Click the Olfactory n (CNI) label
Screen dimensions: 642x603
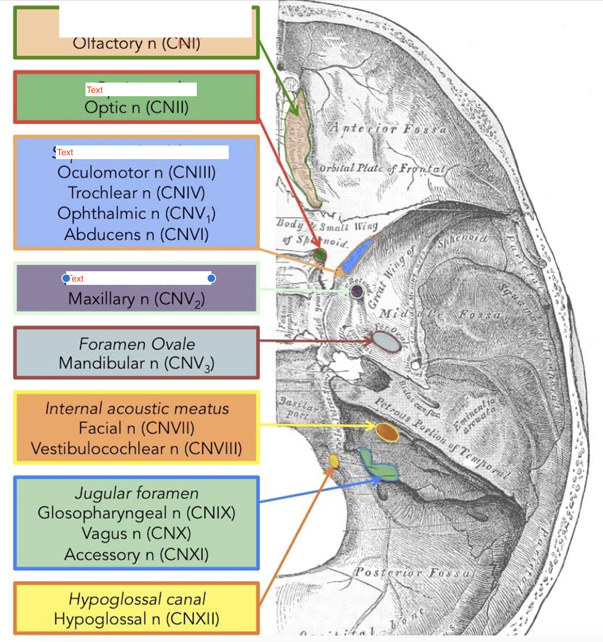tap(136, 44)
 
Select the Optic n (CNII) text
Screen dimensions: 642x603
tap(136, 107)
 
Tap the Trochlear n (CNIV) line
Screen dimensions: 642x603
tap(136, 193)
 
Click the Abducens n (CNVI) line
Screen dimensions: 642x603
tap(136, 234)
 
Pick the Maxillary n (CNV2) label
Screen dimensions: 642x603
tap(136, 299)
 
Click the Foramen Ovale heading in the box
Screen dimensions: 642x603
tap(137, 344)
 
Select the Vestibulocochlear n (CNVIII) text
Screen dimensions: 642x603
tap(136, 449)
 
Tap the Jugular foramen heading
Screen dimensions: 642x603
tap(137, 493)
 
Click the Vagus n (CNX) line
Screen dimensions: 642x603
tap(136, 534)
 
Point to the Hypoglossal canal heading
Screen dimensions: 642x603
tap(137, 599)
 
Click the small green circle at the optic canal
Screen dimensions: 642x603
tap(320, 255)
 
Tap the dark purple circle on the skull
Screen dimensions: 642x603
tap(357, 291)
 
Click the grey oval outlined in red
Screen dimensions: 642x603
tap(387, 342)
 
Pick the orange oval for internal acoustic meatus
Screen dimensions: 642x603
tap(387, 432)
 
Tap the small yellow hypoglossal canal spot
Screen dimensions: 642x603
tap(333, 461)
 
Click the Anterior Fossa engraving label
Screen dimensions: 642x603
tap(387, 128)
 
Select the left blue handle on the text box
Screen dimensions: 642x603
tap(66, 278)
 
